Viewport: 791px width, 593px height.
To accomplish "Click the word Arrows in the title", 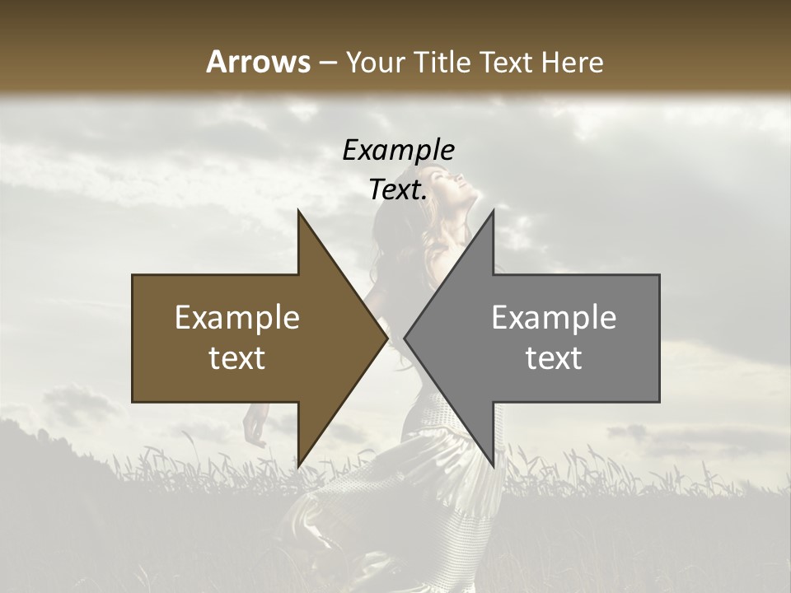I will (259, 62).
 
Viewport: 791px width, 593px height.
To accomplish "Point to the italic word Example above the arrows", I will (398, 151).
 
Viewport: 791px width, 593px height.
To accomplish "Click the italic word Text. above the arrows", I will (398, 190).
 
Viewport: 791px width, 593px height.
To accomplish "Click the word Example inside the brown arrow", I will (236, 318).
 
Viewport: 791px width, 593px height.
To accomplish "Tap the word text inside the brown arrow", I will (236, 358).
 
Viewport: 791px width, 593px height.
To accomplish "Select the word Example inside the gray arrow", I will (554, 318).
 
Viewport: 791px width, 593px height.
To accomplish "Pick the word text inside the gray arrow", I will (554, 358).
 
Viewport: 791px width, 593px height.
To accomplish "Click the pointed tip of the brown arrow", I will (386, 339).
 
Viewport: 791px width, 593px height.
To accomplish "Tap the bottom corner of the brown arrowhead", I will (298, 465).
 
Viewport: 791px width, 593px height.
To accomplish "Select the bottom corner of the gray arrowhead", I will (493, 465).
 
